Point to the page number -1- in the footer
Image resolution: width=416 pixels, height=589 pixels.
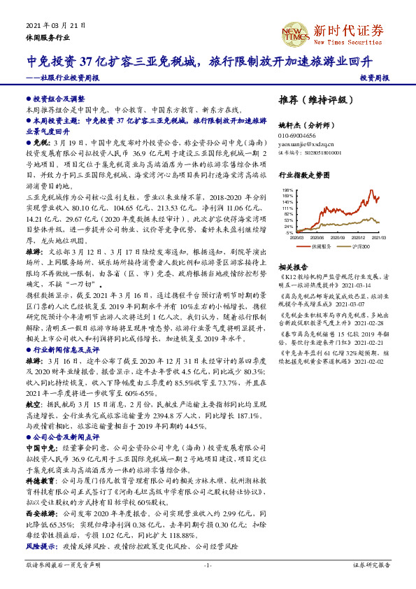coord(207,565)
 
